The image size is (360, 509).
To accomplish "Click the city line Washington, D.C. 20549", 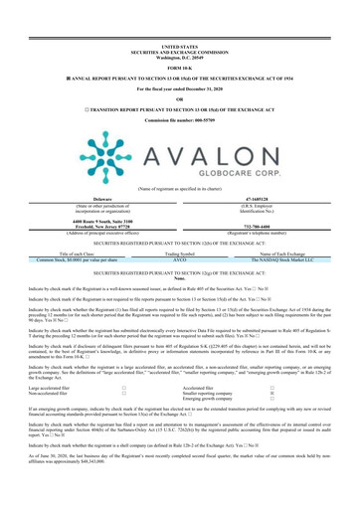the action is coord(179,23).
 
